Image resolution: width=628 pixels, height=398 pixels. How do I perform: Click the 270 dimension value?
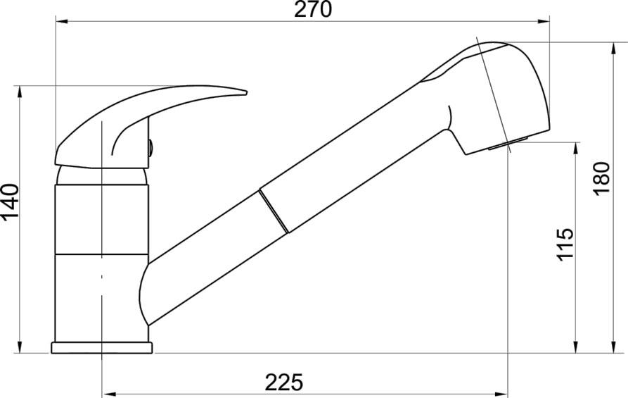click(x=313, y=10)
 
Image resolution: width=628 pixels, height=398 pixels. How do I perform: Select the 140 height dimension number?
click(x=10, y=202)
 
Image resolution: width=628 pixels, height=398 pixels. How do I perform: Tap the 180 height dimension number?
click(x=601, y=178)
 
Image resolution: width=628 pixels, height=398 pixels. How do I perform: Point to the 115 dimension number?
click(x=565, y=244)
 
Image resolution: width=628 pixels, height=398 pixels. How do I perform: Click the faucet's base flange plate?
click(x=102, y=347)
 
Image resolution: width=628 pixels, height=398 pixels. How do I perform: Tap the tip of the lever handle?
click(x=246, y=93)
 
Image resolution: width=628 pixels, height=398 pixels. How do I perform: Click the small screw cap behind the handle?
click(x=150, y=147)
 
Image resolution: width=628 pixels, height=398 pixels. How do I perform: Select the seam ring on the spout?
click(x=274, y=211)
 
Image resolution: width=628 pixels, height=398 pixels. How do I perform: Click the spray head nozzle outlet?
click(x=506, y=143)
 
